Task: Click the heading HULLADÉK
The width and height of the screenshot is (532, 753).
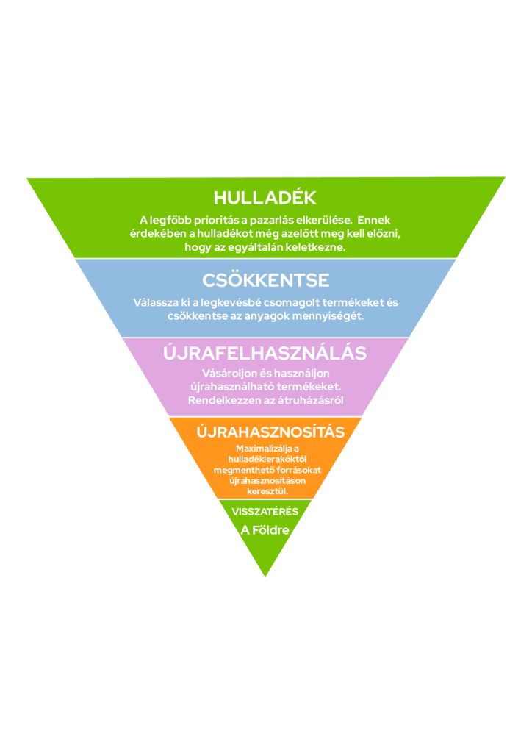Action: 265,197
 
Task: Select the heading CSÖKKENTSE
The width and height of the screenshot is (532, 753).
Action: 266,280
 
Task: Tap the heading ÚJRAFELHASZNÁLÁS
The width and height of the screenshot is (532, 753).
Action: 265,353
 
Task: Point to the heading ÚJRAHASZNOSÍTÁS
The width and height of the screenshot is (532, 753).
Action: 270,432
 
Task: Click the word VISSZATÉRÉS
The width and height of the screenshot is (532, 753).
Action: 265,512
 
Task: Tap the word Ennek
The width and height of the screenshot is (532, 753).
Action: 374,220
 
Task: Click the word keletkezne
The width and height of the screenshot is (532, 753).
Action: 321,248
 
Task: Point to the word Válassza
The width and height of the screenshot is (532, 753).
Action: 151,302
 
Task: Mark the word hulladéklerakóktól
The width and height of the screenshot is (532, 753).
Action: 267,459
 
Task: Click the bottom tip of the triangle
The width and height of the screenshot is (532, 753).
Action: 265,577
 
